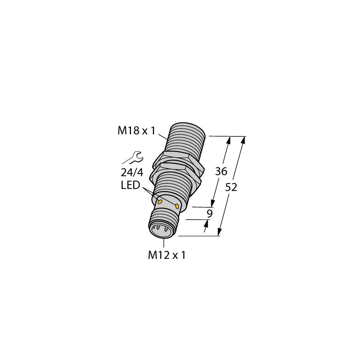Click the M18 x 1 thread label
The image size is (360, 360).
(136, 131)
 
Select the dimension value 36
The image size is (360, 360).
(221, 172)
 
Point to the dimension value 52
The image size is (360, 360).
(231, 188)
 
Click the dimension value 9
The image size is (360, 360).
(210, 213)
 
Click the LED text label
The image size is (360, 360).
(130, 186)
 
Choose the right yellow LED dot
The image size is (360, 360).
(177, 206)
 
